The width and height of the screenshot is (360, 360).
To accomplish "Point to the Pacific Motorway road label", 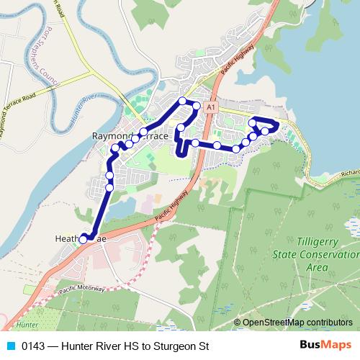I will pos(82,288).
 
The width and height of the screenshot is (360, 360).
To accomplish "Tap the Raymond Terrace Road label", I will pos(27,114).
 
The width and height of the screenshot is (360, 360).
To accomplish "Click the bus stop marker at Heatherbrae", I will pos(83,239).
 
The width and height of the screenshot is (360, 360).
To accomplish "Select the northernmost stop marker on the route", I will pos(183,100).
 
